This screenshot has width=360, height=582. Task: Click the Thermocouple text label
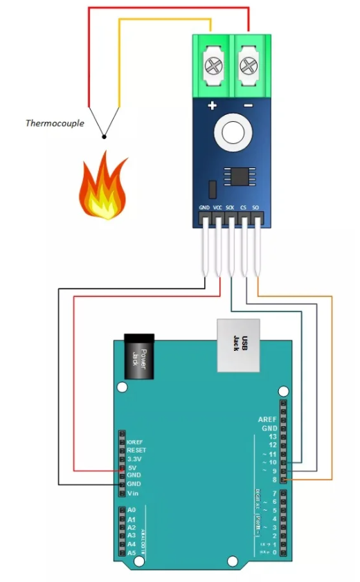55,124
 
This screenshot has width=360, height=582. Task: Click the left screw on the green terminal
212,66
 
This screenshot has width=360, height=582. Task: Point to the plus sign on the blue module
212,106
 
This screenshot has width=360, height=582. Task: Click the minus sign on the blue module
248,106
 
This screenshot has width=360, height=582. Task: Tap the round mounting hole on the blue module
230,131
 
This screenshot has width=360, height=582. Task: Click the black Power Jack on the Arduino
138,356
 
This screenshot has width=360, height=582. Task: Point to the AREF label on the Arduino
267,419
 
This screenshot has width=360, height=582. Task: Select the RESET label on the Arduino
136,450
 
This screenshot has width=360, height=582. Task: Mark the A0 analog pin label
132,510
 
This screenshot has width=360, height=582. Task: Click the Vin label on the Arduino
132,493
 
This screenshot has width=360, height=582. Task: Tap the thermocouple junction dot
104,136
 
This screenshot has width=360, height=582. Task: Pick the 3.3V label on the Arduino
134,459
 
